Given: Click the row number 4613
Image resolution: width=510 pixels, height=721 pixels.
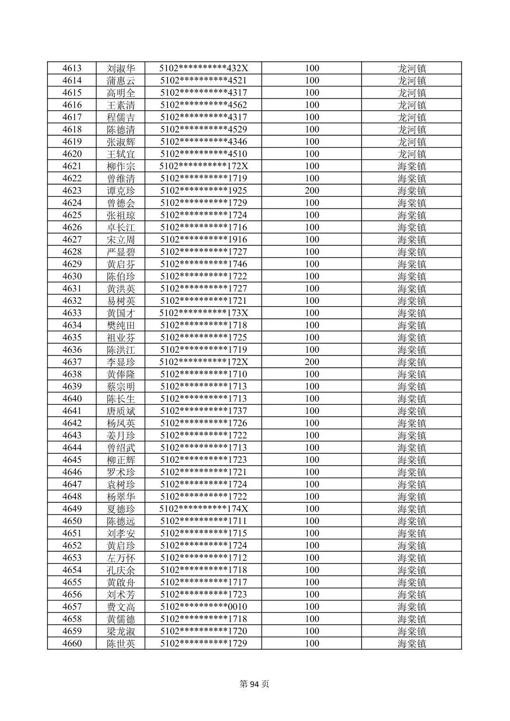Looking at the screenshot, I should (72, 68).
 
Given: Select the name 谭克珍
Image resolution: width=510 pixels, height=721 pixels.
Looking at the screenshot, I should (121, 191).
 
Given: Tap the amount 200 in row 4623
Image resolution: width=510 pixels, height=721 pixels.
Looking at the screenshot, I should (312, 191).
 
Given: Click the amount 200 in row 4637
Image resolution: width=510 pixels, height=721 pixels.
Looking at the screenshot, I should (312, 362).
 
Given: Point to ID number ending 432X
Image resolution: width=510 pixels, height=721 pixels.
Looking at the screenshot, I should (204, 68).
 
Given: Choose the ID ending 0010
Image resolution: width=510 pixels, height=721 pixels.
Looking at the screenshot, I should (204, 607).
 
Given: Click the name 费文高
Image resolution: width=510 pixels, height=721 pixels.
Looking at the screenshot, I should (121, 607).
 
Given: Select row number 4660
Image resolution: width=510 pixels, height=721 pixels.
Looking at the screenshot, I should (72, 644).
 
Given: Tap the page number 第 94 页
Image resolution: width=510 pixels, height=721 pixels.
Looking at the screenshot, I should (254, 684).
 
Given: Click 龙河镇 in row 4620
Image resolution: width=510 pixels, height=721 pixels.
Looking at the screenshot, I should (411, 154).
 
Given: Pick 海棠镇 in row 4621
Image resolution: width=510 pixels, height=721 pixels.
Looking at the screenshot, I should (411, 166).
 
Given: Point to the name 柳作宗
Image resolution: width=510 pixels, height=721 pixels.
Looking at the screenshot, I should (121, 166).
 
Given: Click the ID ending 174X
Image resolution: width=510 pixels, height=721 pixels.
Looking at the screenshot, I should (204, 509).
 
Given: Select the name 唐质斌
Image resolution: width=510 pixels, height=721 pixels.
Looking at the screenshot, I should (121, 411).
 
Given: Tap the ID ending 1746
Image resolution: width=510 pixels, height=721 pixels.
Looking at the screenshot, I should (204, 264).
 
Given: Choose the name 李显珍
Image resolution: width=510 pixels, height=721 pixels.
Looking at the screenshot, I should (121, 362).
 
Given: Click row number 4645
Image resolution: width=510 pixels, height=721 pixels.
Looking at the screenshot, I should (72, 460).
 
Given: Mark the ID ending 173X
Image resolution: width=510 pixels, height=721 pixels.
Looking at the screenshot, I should (204, 313).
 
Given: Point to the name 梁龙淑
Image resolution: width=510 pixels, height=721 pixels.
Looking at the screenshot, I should (121, 631).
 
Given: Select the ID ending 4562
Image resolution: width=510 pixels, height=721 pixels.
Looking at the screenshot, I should (204, 105).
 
